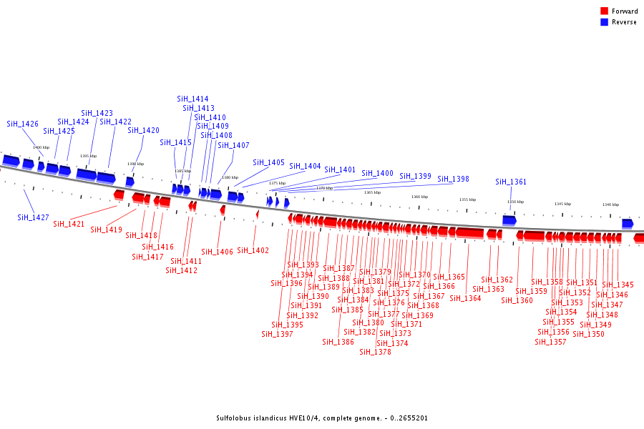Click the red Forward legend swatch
tap(604, 11)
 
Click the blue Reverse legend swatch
tap(604, 22)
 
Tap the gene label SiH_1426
tap(23, 124)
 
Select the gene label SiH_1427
tap(34, 217)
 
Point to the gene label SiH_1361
tap(511, 182)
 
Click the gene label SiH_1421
tap(69, 224)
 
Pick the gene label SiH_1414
tap(192, 99)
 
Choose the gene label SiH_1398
tap(454, 179)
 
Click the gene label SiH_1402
tap(253, 250)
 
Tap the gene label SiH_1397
tap(277, 334)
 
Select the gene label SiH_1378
tap(375, 352)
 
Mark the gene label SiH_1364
tap(465, 298)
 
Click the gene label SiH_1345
tap(618, 285)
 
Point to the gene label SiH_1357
tap(550, 341)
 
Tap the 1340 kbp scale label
tap(610, 204)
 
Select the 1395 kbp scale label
tap(88, 156)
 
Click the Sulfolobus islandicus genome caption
tap(321, 418)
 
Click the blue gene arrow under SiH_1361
tap(509, 220)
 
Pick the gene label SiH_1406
tap(217, 251)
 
